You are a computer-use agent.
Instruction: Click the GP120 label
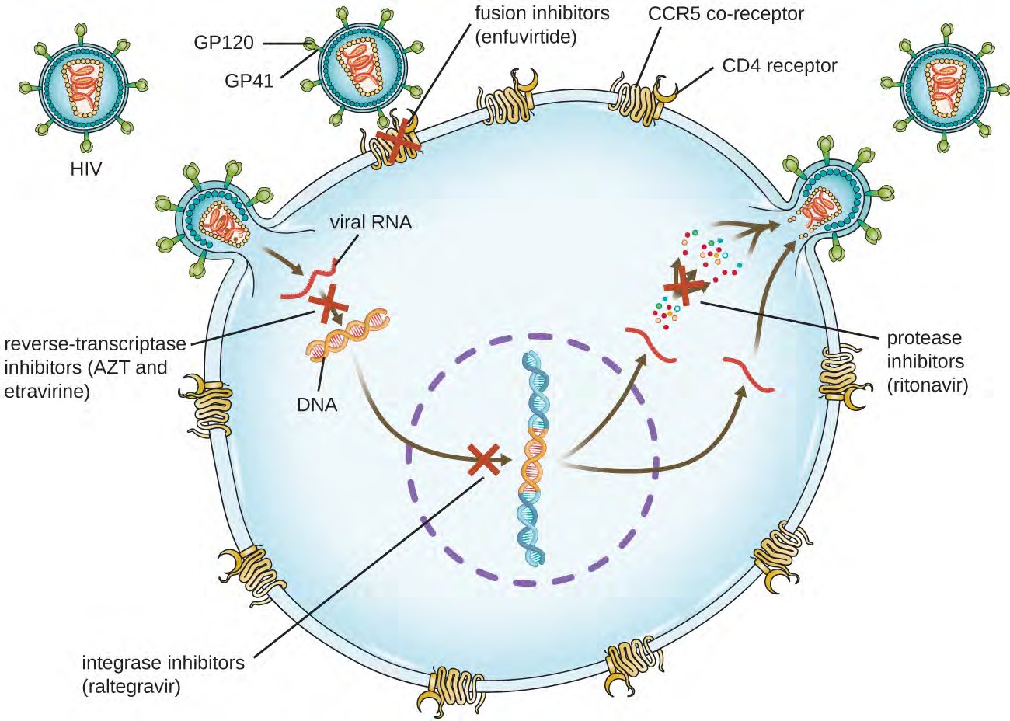(224, 42)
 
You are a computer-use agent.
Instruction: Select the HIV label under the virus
(85, 168)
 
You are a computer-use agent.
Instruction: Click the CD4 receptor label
(779, 66)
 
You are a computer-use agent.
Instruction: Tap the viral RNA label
(371, 222)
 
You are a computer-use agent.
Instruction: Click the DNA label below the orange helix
(317, 404)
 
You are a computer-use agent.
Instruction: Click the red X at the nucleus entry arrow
(483, 460)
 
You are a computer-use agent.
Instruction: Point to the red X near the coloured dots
(684, 285)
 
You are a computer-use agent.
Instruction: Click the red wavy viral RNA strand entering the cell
(311, 283)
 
